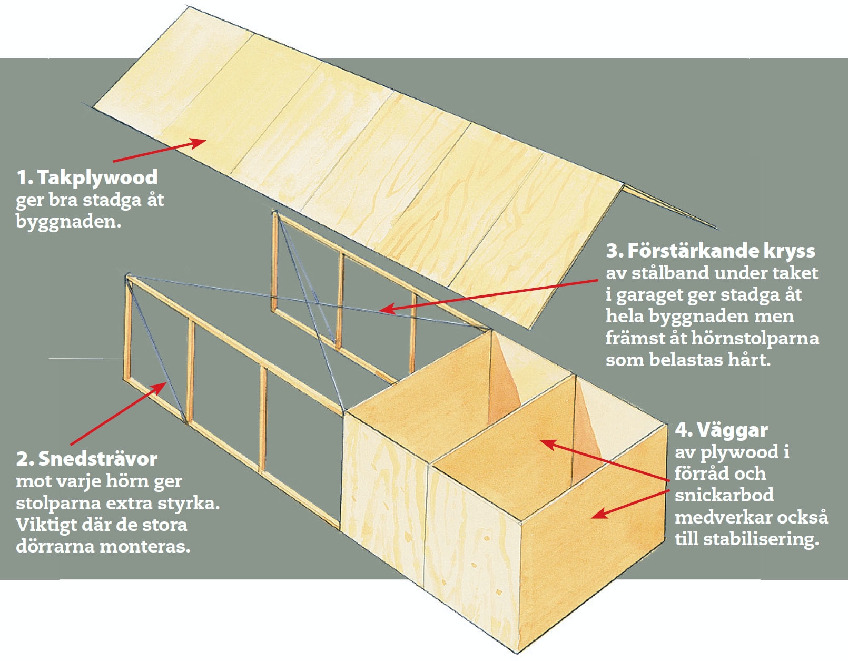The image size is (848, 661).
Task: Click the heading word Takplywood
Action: click(x=97, y=177)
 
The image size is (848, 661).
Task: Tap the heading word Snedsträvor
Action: click(x=98, y=459)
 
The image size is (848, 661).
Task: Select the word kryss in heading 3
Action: click(x=789, y=251)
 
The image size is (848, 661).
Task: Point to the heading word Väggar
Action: click(x=732, y=430)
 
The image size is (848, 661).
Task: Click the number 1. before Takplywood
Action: click(x=24, y=177)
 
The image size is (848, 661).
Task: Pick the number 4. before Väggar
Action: click(x=684, y=430)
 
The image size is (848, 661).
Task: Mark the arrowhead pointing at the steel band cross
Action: click(x=386, y=309)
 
